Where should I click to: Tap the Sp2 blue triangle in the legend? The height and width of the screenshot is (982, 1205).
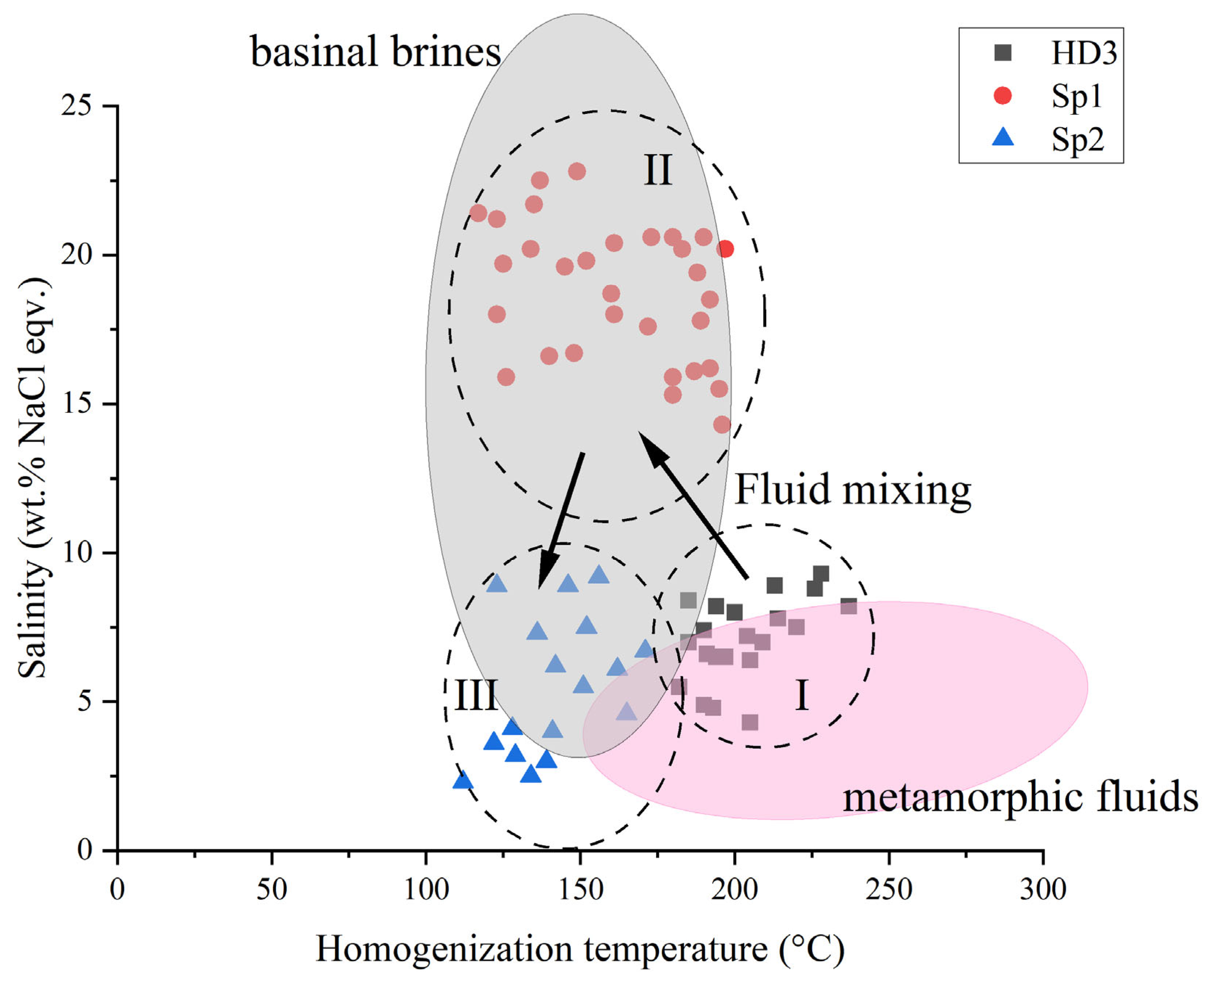pyautogui.click(x=1002, y=137)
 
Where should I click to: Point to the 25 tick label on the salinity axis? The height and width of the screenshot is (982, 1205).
pyautogui.click(x=77, y=106)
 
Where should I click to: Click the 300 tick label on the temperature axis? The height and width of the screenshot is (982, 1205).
pyautogui.click(x=1043, y=890)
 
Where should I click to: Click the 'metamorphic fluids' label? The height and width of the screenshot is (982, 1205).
pyautogui.click(x=1020, y=797)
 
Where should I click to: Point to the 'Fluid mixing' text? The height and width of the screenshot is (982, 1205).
pyautogui.click(x=852, y=489)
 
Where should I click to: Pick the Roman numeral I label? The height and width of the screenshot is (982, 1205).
pyautogui.click(x=801, y=695)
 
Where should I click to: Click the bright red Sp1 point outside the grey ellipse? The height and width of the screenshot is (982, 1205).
pyautogui.click(x=725, y=249)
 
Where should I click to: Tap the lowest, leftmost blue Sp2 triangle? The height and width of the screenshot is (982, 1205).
pyautogui.click(x=463, y=780)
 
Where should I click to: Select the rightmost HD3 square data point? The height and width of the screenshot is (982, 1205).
pyautogui.click(x=849, y=606)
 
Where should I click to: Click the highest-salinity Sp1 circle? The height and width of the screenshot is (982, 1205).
pyautogui.click(x=577, y=171)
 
